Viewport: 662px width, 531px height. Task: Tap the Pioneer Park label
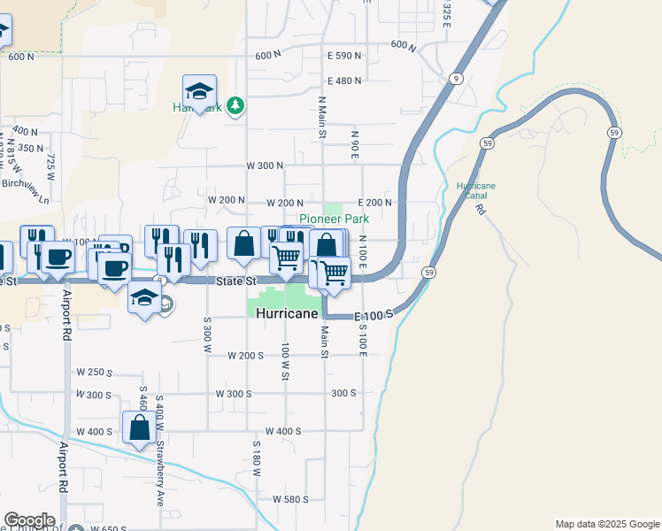334,219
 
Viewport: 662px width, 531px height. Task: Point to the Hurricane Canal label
476,191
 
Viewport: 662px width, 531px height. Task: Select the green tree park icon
235,106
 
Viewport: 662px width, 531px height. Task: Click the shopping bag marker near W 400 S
140,429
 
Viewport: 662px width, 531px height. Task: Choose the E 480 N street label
344,81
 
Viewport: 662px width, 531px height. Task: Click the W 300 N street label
265,165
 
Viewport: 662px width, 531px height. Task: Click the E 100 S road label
371,316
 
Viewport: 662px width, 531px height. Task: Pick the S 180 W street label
257,458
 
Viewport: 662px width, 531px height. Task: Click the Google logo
28,520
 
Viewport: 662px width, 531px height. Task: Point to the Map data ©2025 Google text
606,524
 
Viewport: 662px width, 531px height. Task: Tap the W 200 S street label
245,356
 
